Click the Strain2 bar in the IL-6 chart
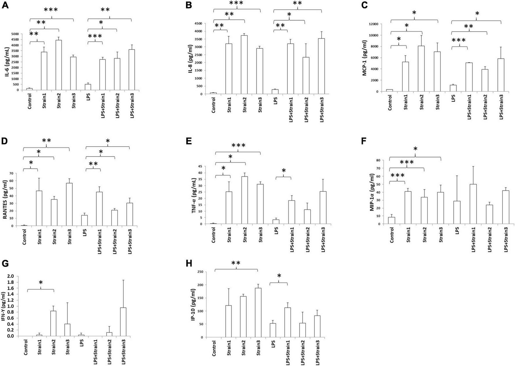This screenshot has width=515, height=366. click(x=58, y=65)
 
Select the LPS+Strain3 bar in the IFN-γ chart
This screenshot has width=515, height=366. click(x=123, y=321)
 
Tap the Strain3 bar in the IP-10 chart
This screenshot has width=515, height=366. click(x=258, y=312)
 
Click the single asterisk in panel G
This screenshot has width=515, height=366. click(x=41, y=283)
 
